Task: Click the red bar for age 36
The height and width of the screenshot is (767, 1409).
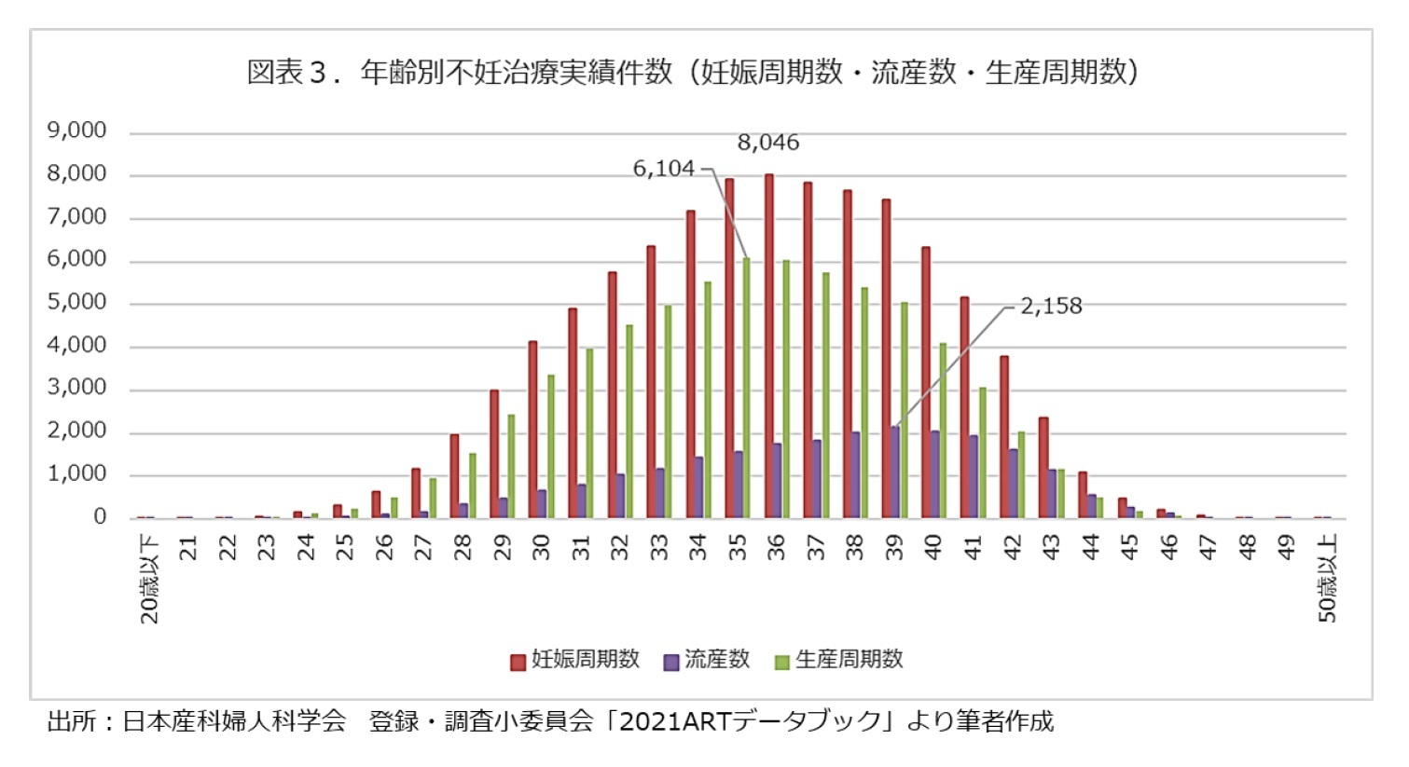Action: coord(769,346)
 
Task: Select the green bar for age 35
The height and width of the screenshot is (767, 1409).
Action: coord(746,388)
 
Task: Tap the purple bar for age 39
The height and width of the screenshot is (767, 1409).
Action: coord(895,473)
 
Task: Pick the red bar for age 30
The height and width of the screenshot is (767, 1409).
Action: coord(532,430)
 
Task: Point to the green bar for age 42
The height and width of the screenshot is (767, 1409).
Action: coord(1021,474)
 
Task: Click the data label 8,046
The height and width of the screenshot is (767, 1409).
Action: coord(768,143)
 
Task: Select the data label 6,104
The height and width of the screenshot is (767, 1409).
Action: coord(663,169)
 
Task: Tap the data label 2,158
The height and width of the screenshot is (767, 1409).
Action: coord(1051,307)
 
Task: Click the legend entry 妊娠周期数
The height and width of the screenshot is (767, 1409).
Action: coord(575,660)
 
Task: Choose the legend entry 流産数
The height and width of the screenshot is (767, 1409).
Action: coord(707,660)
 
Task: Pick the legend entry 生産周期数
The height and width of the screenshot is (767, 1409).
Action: coord(839,660)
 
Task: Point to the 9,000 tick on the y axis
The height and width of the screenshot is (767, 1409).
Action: coord(77,130)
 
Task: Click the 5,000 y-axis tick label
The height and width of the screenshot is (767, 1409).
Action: coord(77,303)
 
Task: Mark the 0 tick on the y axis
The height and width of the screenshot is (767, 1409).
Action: coord(100,517)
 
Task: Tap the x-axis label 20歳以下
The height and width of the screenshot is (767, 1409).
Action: coord(150,578)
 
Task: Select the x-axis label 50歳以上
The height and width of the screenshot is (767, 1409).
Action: coord(1327,578)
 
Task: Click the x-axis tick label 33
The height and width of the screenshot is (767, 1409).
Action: coord(659,547)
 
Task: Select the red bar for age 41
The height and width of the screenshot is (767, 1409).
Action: coord(965,407)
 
